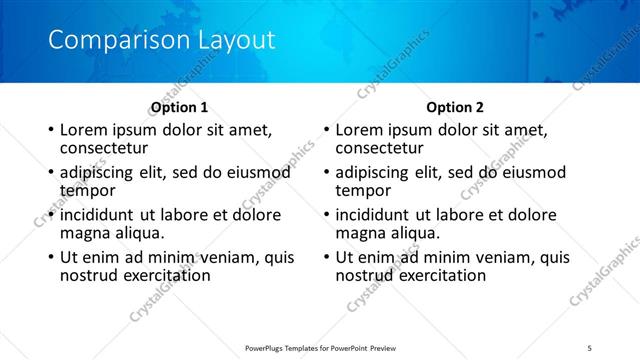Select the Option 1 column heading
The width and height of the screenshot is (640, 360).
[x=179, y=107]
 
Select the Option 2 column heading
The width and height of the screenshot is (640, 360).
[x=454, y=107]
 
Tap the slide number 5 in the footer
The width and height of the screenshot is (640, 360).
[x=591, y=347]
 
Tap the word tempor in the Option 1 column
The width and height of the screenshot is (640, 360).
[x=87, y=190]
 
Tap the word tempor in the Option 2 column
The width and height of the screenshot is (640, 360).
[x=363, y=190]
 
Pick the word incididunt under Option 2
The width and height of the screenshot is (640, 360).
[x=377, y=214]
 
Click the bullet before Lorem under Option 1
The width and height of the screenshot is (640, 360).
[x=51, y=131]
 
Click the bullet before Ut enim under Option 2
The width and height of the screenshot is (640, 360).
[x=326, y=257]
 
